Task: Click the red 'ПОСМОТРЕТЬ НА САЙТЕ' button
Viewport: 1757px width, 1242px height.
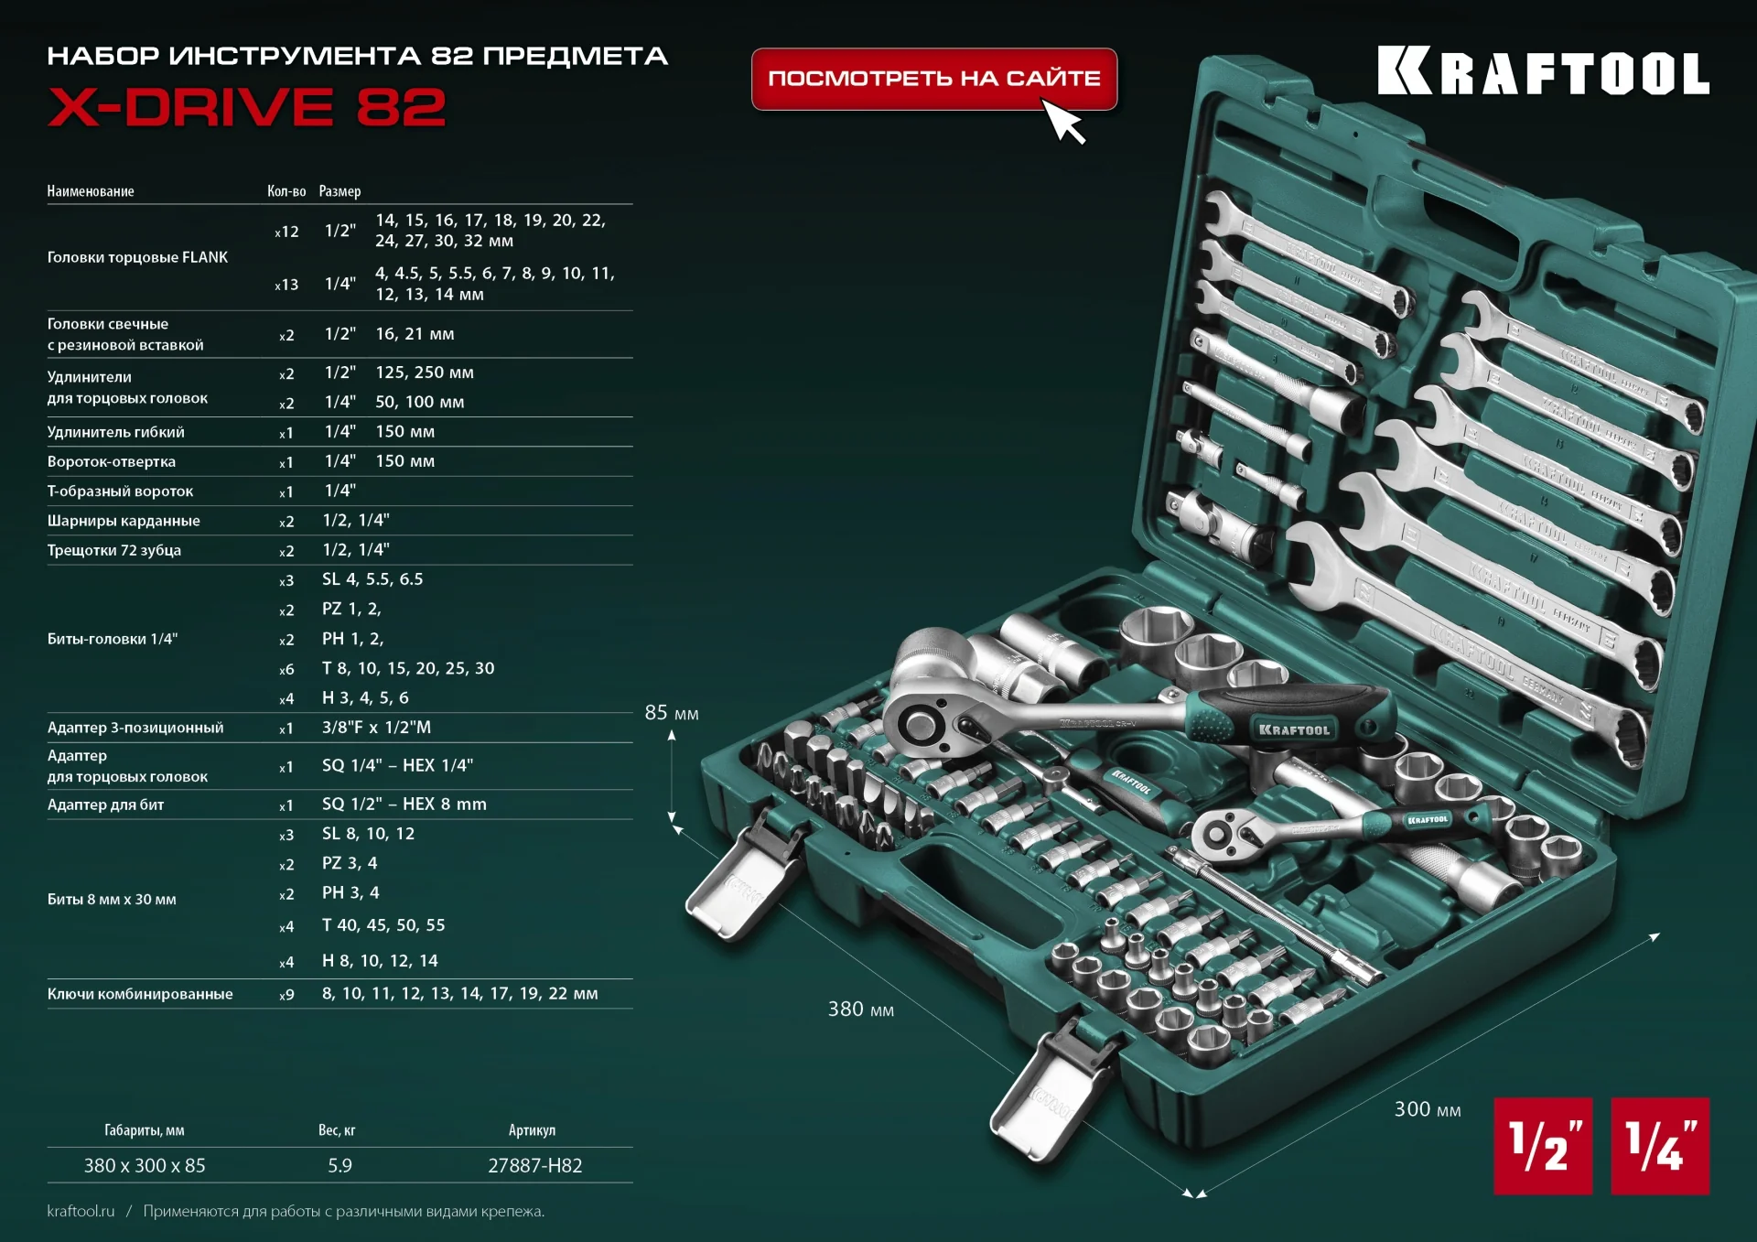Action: [x=933, y=79]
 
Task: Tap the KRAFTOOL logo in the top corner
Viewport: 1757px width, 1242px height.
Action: [x=1543, y=72]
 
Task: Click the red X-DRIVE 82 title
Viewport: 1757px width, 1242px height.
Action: [x=246, y=108]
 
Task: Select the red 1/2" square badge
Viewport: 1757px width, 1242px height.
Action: [x=1543, y=1146]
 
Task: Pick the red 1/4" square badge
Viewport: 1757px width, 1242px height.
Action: [x=1659, y=1146]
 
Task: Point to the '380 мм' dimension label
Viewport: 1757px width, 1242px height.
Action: [x=860, y=1010]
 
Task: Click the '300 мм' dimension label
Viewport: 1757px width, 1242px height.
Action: [x=1427, y=1109]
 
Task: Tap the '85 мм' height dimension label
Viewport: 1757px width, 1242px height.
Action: [x=672, y=713]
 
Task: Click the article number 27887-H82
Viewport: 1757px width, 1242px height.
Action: [x=534, y=1165]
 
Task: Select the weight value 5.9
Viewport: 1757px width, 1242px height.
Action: [x=340, y=1165]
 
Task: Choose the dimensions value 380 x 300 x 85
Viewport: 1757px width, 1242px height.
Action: [x=145, y=1165]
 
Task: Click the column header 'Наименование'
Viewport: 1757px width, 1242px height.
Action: [x=91, y=191]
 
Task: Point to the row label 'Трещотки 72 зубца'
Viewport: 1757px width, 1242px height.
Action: [x=114, y=550]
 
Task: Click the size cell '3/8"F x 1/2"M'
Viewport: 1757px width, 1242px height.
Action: [x=376, y=728]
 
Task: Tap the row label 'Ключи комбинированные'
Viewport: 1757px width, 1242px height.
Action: [x=140, y=994]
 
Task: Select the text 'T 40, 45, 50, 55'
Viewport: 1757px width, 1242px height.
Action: [x=383, y=925]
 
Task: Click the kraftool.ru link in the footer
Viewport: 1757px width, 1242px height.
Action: [x=81, y=1211]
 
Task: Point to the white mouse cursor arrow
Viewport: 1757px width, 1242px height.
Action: [x=1063, y=121]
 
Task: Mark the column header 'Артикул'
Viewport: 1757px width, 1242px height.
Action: [x=532, y=1130]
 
